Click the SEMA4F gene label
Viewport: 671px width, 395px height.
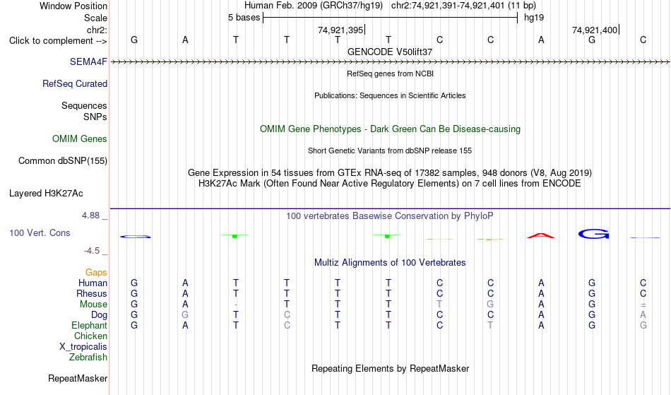88,61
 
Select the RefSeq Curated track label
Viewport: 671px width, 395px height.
75,83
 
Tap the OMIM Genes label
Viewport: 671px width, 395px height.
80,138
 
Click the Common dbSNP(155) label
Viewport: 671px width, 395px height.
63,161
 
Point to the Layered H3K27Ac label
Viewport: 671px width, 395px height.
46,194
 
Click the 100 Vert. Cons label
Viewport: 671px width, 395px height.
40,232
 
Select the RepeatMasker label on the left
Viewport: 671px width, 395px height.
78,378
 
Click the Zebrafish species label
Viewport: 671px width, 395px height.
88,357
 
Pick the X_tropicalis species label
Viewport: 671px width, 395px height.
83,347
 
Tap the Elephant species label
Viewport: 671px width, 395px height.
89,326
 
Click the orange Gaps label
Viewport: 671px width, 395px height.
96,273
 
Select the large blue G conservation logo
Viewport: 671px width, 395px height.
593,234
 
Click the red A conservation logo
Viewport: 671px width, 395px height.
541,235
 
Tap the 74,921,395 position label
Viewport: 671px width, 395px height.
340,30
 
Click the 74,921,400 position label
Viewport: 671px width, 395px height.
595,30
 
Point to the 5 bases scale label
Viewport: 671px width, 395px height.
244,18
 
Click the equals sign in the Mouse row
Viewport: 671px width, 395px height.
643,305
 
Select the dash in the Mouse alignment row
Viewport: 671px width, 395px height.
236,305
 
